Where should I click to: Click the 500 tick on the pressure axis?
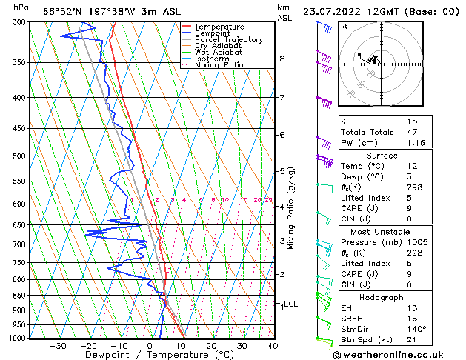tap(19, 156)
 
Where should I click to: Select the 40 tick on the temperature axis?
tap(273, 346)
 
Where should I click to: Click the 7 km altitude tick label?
tap(282, 98)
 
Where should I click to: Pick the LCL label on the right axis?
tap(291, 304)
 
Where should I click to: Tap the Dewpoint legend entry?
tap(212, 33)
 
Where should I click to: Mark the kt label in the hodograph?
tap(344, 27)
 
